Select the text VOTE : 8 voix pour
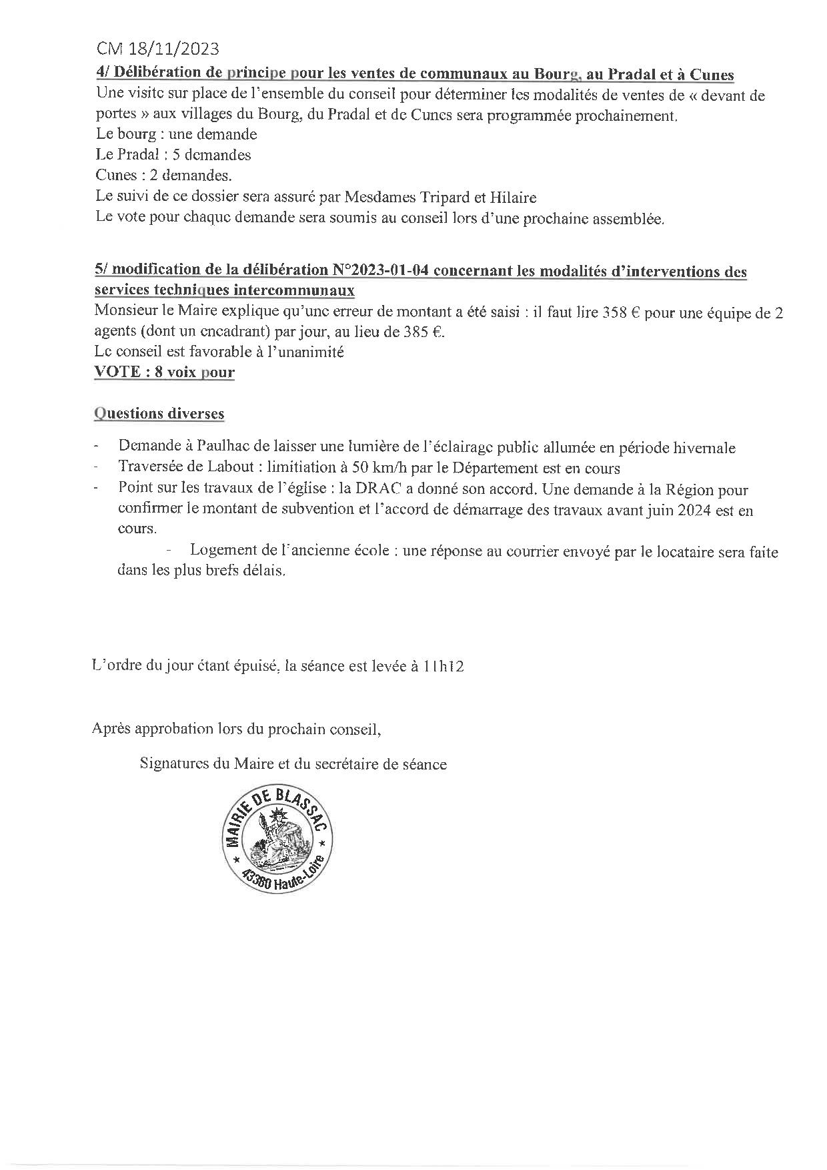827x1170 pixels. (164, 372)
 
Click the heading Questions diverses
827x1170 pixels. (159, 414)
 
